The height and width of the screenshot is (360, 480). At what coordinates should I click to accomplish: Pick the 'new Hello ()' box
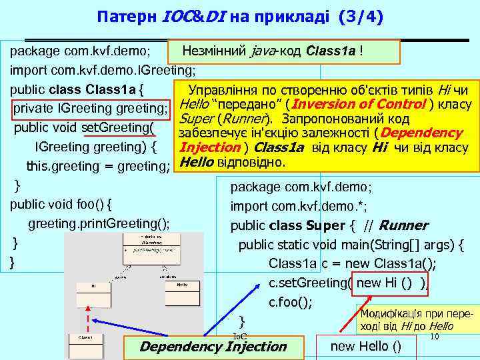pyautogui.click(x=366, y=345)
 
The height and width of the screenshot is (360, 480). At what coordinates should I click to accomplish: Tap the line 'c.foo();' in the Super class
pyautogui.click(x=290, y=302)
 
